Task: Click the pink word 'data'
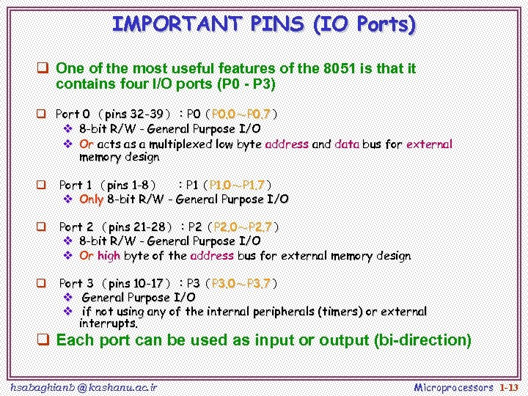pos(346,144)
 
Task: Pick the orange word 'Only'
pos(92,199)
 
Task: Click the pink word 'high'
pos(109,256)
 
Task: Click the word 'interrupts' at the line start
pos(108,323)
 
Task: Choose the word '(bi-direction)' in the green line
pos(422,340)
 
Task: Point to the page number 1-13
pos(509,386)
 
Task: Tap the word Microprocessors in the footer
pos(454,386)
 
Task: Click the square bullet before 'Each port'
pos(44,340)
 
